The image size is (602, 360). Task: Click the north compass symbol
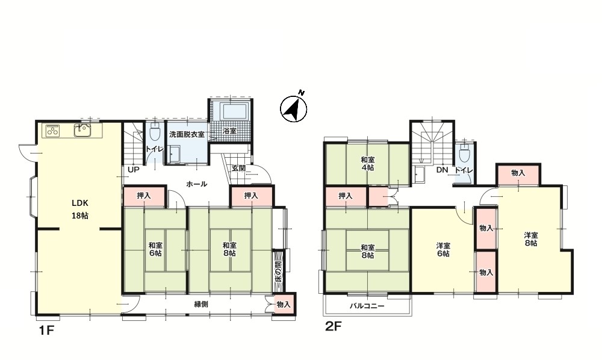(x=294, y=108)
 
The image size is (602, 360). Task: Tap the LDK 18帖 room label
(x=80, y=209)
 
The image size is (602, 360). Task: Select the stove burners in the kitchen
(x=54, y=131)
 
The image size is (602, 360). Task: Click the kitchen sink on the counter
(x=82, y=131)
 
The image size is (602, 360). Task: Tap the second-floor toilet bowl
(x=464, y=153)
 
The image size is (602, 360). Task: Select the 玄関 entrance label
(x=238, y=168)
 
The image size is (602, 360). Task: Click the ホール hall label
(x=197, y=184)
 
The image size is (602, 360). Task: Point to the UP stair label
(x=133, y=169)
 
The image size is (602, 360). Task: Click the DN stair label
(x=442, y=170)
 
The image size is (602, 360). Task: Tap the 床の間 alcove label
(x=278, y=271)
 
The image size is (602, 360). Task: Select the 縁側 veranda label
(x=201, y=305)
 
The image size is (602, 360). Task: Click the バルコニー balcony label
(x=367, y=306)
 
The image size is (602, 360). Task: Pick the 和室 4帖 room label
(x=367, y=164)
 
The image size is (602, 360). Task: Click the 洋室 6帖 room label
(x=442, y=249)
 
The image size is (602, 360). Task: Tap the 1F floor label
(x=46, y=330)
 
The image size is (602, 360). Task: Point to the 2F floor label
(x=333, y=326)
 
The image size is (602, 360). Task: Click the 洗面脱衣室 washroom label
(x=187, y=135)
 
